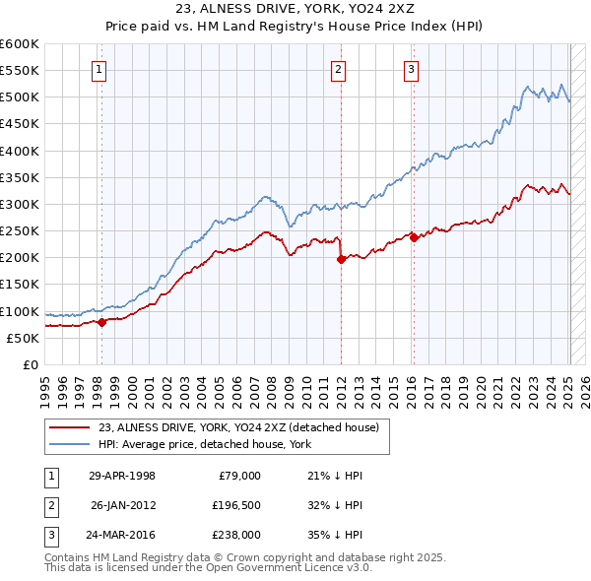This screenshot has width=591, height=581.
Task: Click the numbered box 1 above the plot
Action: point(100,69)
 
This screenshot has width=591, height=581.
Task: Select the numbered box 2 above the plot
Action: point(338,69)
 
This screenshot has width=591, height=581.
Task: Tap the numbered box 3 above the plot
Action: point(411,69)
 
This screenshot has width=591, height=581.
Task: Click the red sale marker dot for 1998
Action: point(101,322)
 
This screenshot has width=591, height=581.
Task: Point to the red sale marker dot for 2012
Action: point(341,260)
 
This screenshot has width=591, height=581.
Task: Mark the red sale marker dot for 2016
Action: point(414,237)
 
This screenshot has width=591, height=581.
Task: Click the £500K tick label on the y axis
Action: point(20,97)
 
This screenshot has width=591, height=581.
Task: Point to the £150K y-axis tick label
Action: point(20,285)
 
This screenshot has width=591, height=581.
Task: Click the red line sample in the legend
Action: point(70,426)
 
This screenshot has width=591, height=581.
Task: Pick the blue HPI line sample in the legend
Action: point(70,444)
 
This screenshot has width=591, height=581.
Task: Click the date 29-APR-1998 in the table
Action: point(122,475)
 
